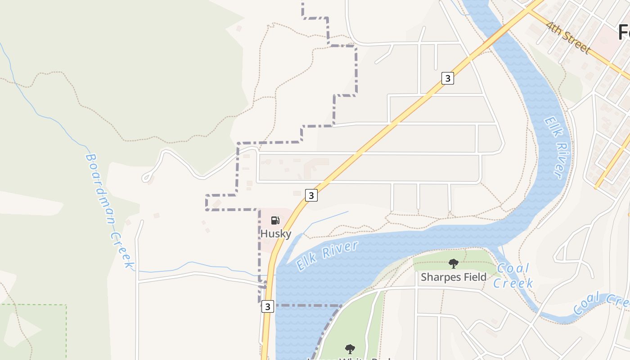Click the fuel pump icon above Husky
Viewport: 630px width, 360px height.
click(x=275, y=220)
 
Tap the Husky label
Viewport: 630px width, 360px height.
click(x=276, y=234)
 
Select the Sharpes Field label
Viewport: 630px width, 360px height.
click(x=454, y=277)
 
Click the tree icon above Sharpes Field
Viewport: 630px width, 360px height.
click(x=454, y=264)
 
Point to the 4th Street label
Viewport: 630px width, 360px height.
click(x=568, y=37)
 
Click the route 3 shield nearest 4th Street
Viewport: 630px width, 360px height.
click(x=447, y=78)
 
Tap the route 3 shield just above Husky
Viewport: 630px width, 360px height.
click(x=311, y=195)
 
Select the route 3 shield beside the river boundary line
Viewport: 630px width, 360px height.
click(x=267, y=306)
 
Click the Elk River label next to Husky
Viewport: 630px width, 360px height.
click(x=328, y=255)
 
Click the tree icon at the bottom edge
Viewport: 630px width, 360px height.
click(x=350, y=349)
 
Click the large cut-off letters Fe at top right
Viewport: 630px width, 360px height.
click(x=623, y=32)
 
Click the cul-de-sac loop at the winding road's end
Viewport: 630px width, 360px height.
click(x=147, y=178)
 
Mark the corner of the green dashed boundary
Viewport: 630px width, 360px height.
click(x=66, y=305)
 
